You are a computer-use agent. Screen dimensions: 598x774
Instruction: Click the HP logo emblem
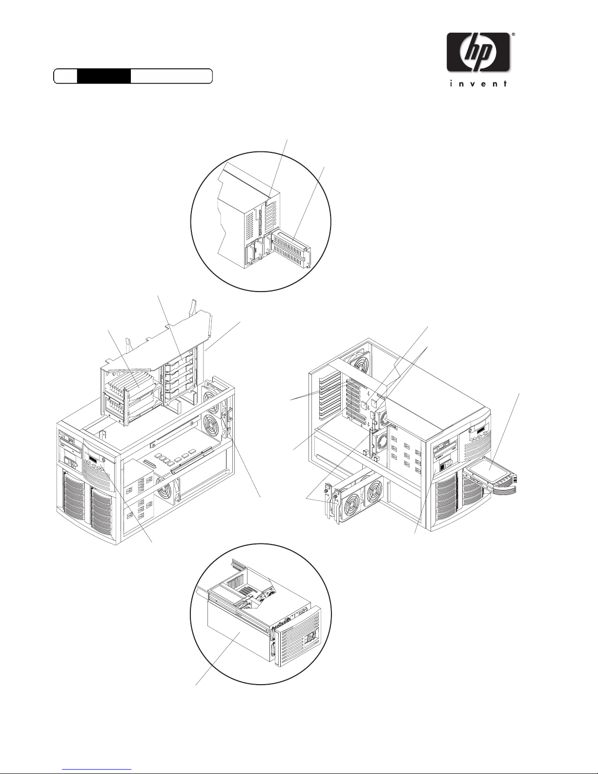tap(479, 52)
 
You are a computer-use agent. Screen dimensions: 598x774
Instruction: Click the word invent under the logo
tap(478, 84)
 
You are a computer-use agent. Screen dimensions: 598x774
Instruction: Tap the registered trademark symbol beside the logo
tap(513, 35)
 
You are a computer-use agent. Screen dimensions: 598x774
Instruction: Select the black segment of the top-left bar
tap(103, 76)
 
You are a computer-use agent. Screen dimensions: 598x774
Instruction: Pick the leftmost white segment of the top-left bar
tap(65, 76)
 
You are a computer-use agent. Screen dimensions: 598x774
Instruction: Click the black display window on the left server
tap(92, 458)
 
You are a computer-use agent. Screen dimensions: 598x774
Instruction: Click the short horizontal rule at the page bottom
tap(97, 769)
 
